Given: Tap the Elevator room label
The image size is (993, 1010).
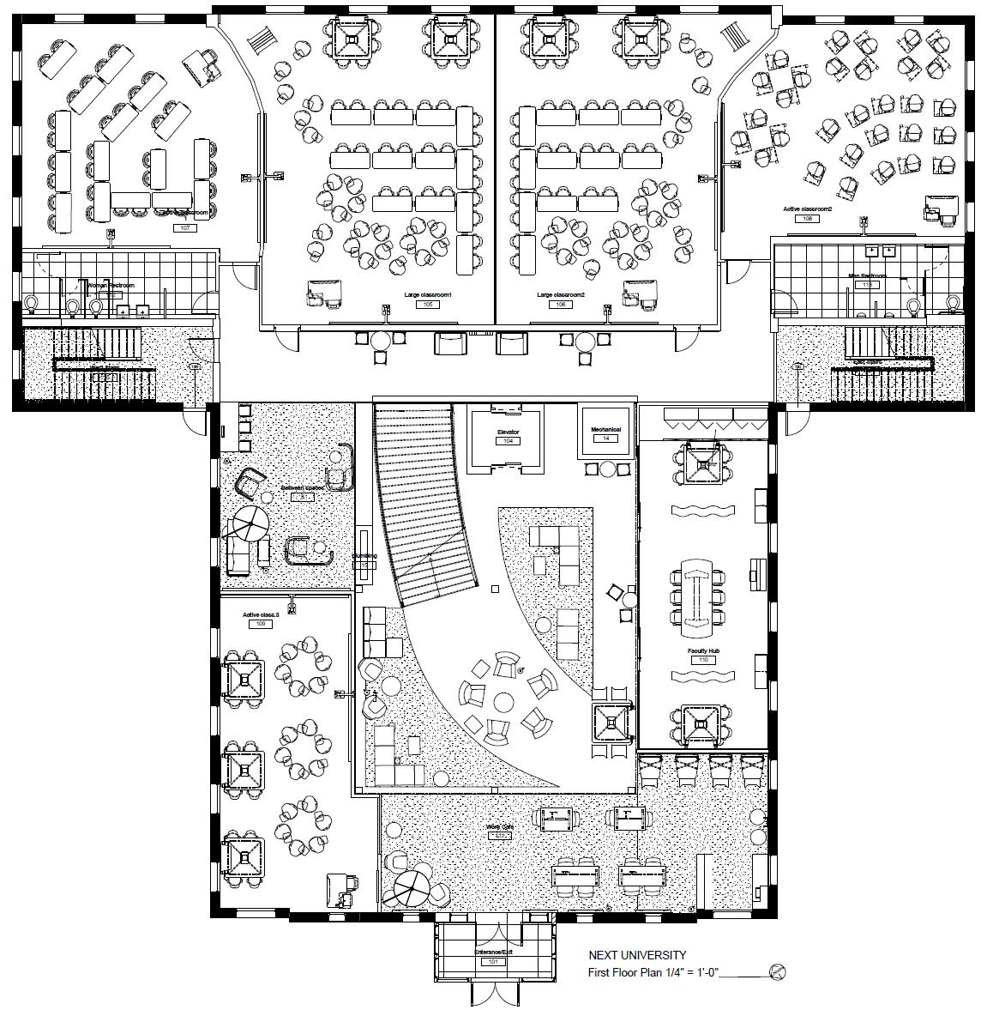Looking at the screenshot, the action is coord(508,432).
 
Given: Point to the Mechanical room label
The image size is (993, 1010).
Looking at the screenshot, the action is coord(606,428).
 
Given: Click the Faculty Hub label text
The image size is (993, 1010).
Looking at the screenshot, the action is coord(703,651).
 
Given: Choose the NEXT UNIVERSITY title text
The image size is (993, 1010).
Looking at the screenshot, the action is coord(637,955).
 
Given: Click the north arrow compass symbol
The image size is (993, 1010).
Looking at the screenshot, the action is coord(778,971).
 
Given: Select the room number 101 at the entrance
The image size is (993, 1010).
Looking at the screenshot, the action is coord(492,962).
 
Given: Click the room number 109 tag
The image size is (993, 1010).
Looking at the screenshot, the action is coord(259,624).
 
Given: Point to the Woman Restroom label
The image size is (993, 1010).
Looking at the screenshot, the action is coord(111,285).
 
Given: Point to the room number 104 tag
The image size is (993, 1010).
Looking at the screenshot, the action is coord(508,441).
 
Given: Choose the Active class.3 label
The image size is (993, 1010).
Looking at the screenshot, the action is coord(259,614).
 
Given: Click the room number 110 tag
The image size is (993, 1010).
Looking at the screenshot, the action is coord(703,661).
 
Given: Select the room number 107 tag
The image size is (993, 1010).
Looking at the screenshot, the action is coord(184,227).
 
